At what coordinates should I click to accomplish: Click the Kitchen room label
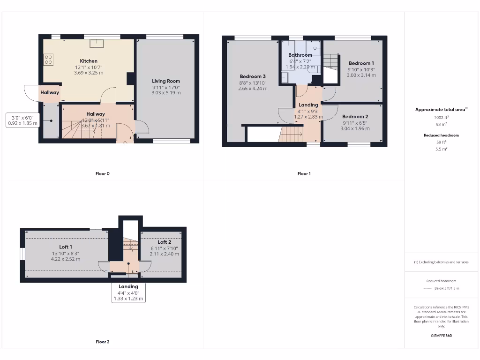(x=89, y=61)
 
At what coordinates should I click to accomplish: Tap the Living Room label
(x=166, y=81)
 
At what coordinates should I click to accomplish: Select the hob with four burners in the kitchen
(x=48, y=60)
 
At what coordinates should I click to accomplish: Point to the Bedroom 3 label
(x=253, y=76)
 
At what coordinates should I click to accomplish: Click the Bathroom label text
(x=300, y=55)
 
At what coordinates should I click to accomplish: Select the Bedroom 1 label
(x=361, y=63)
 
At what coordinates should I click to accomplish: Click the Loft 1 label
(x=66, y=247)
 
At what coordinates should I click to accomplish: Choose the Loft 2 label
(x=164, y=242)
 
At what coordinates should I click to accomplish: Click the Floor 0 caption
(x=102, y=173)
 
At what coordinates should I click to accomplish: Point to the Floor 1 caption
(x=304, y=173)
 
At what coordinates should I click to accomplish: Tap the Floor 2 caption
(x=102, y=342)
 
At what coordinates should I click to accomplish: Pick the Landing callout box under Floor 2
(x=128, y=292)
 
